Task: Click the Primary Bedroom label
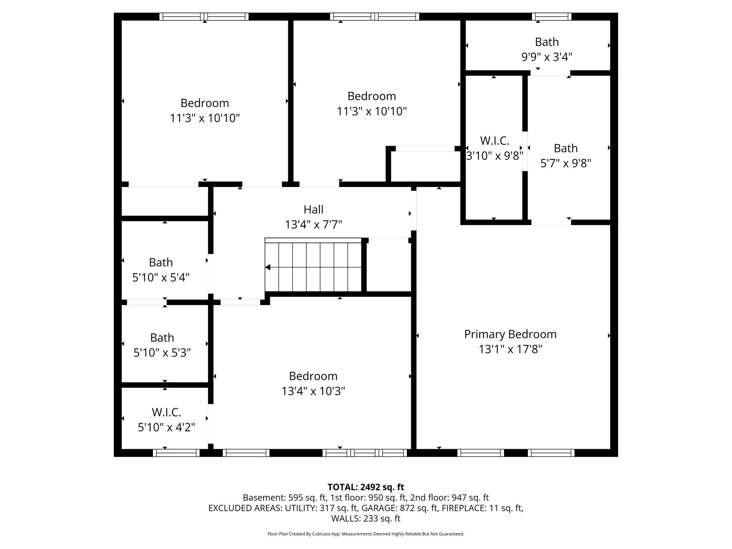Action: (x=510, y=334)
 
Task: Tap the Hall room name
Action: (x=313, y=210)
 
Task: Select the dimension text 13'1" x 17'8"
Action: (x=510, y=349)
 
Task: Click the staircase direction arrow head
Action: (x=268, y=267)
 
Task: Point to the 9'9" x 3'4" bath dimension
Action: (x=546, y=57)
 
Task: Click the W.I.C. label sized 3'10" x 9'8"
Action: (x=494, y=141)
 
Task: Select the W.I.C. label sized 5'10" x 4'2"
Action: (x=166, y=412)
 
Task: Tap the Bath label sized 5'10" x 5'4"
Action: (x=161, y=262)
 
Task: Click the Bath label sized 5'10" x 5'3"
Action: (x=162, y=337)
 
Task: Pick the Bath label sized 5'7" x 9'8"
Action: (x=566, y=148)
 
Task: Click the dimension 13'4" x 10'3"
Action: (x=313, y=391)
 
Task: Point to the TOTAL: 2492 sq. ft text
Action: (x=366, y=487)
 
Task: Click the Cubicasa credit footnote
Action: (x=366, y=534)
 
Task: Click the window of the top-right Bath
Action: (x=551, y=17)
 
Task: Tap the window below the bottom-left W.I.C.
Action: (x=176, y=453)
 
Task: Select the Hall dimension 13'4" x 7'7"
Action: (x=313, y=225)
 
